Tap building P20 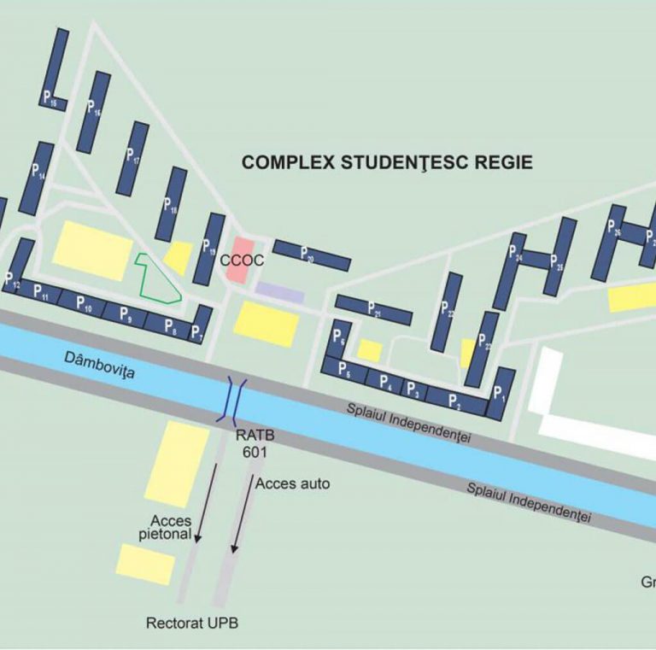tap(312, 255)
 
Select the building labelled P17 tap(133, 158)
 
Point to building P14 tap(37, 178)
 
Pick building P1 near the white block tap(501, 394)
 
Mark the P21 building tap(373, 309)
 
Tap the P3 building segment tap(413, 389)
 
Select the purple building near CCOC tap(279, 292)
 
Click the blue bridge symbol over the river tap(234, 400)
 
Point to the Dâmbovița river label tap(99, 365)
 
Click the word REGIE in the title tap(504, 162)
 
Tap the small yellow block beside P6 tap(369, 350)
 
